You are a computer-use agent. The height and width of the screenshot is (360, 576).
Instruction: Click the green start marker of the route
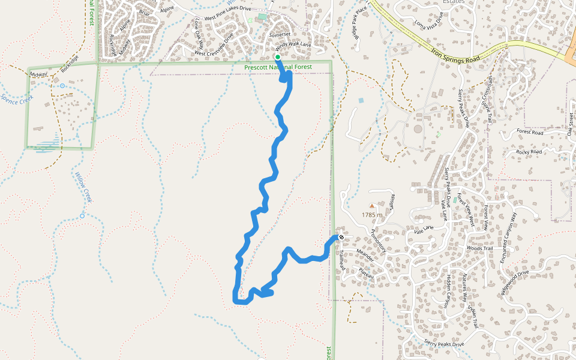(x=278, y=57)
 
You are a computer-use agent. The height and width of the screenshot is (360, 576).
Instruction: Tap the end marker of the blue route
(x=341, y=237)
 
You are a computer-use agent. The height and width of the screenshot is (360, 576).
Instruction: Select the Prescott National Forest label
(x=278, y=67)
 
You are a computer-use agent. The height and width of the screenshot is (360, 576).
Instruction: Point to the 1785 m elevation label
(x=372, y=214)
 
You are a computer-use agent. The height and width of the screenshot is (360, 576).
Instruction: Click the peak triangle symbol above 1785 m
(x=371, y=206)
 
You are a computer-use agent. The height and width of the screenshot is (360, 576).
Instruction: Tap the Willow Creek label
(x=82, y=187)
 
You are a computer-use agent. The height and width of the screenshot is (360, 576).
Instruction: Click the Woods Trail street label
(x=479, y=248)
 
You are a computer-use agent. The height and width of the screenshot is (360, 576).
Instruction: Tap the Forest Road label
(x=529, y=132)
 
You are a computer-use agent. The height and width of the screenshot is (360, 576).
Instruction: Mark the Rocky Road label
(x=529, y=152)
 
